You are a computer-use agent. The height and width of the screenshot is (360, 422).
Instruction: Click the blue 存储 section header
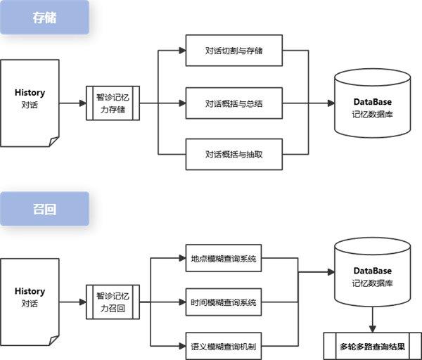pos(45,18)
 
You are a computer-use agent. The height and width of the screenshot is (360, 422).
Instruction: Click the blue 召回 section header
pos(45,210)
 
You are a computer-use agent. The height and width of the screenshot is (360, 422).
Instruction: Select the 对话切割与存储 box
pos(234,51)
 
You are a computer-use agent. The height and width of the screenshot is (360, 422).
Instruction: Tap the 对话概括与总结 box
pos(234,103)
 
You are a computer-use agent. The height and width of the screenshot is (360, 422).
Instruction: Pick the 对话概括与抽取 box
pos(234,153)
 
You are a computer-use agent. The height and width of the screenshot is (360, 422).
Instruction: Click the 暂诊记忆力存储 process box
pos(113,103)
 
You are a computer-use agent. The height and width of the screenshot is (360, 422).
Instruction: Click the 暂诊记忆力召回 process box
pos(113,302)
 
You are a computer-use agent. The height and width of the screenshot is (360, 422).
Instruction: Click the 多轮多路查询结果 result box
pos(372,346)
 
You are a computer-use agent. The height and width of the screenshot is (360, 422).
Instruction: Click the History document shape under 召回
pos(30,301)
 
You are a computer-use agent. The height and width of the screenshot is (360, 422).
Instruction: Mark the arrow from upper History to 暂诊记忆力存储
pos(72,103)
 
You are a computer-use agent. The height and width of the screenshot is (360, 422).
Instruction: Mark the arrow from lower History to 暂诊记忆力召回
pos(72,302)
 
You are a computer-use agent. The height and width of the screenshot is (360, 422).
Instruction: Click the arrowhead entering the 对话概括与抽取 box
pos(181,153)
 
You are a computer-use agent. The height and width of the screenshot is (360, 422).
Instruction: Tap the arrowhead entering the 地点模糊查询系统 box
pos(181,259)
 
